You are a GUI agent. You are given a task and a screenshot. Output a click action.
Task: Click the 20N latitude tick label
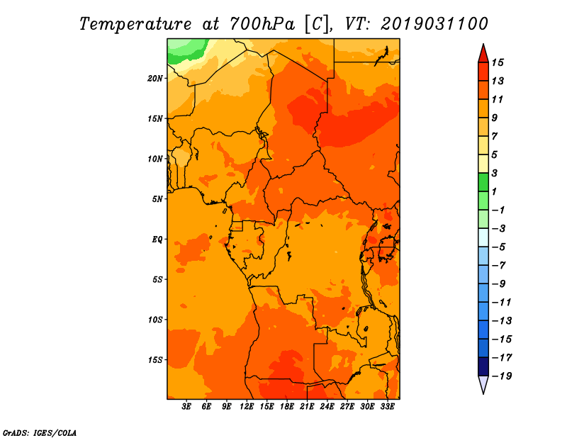tap(155, 79)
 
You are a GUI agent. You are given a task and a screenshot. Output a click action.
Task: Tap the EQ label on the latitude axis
tap(157, 240)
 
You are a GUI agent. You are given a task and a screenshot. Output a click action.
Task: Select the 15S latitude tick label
tap(155, 360)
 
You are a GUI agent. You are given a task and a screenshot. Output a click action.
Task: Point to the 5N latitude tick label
tap(157, 199)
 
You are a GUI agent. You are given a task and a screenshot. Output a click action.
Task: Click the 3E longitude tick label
tap(186, 407)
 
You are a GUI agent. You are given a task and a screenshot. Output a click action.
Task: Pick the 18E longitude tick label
tap(287, 407)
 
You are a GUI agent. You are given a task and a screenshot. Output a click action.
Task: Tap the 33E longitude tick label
tap(387, 407)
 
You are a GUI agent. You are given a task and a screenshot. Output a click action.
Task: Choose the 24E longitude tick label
tap(327, 407)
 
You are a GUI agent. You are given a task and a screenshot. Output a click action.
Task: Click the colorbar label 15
tap(498, 62)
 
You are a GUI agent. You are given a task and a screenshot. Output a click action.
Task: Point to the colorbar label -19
tap(502, 376)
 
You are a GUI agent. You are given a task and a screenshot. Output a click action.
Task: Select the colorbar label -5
tap(499, 247)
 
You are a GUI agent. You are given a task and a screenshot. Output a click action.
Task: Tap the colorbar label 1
tap(494, 191)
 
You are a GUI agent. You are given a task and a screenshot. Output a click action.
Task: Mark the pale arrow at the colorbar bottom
tap(483, 384)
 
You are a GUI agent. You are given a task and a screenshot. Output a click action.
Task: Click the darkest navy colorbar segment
tap(483, 366)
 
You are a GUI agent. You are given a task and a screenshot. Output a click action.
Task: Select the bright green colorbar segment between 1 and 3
tap(483, 182)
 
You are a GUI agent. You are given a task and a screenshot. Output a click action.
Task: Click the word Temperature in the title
tap(135, 24)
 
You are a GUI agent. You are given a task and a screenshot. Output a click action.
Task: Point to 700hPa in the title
tap(262, 24)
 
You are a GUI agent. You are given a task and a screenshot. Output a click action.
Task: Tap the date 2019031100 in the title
tap(434, 24)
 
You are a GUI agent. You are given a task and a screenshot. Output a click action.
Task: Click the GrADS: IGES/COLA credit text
tap(40, 433)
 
